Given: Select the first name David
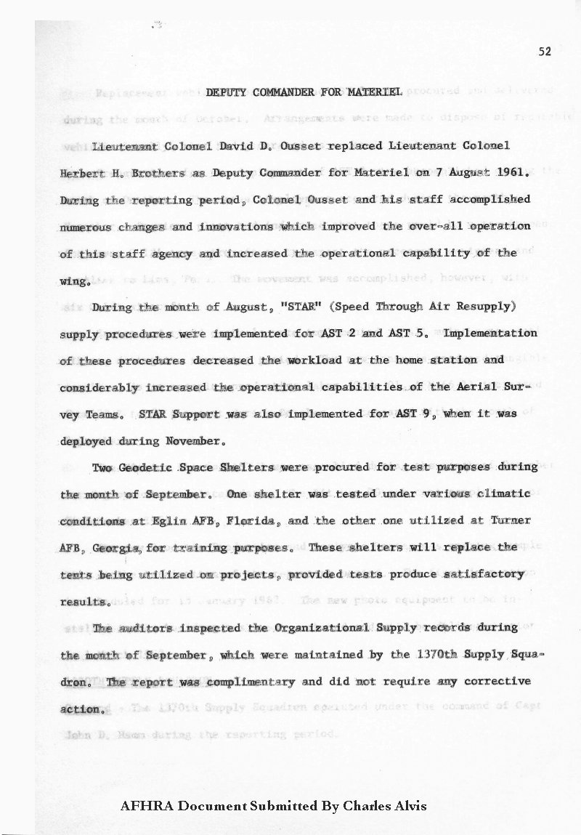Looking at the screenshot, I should coord(238,145).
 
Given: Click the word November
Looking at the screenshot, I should coord(195,440).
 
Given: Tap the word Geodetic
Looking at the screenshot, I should coord(146,467).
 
